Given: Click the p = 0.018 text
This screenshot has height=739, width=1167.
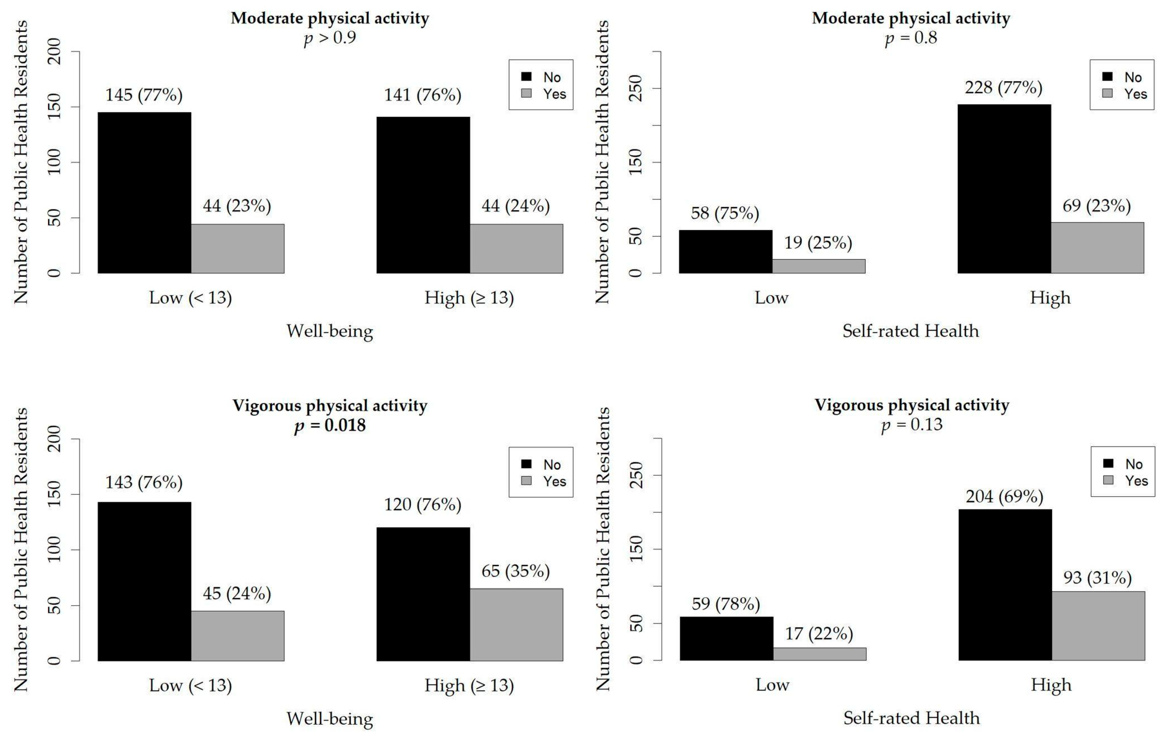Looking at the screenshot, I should tap(330, 425).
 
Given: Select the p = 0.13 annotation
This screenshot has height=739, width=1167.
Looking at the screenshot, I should tap(912, 425).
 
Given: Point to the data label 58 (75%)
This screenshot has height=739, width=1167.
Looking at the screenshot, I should tap(724, 213).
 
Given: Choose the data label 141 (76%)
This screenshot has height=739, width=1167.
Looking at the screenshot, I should tap(423, 95).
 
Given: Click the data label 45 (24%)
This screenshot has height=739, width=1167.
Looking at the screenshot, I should tap(237, 593).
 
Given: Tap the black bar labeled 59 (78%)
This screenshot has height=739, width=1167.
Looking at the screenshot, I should tap(726, 638).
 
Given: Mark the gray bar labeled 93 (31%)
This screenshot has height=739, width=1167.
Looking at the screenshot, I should tap(1098, 626).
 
